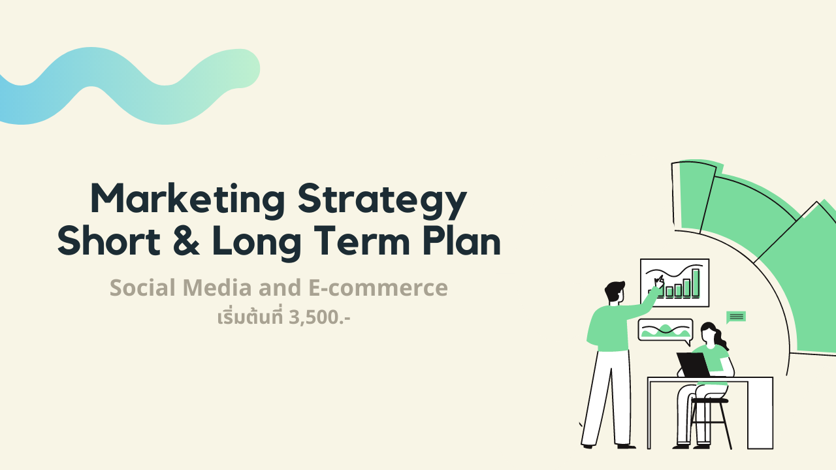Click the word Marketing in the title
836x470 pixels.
[187, 200]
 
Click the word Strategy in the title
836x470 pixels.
[382, 200]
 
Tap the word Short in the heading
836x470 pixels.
[109, 241]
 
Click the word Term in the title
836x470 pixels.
[362, 241]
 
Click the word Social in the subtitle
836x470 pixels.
[142, 288]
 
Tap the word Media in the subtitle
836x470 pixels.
[217, 288]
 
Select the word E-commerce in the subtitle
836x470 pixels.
[378, 288]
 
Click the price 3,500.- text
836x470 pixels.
[319, 318]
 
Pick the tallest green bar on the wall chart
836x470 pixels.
[696, 283]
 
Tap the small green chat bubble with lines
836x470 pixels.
[736, 317]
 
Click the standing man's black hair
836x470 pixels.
[613, 291]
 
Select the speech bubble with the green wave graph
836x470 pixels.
[666, 330]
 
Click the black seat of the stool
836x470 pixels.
[709, 401]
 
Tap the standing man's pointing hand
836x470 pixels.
[659, 282]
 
